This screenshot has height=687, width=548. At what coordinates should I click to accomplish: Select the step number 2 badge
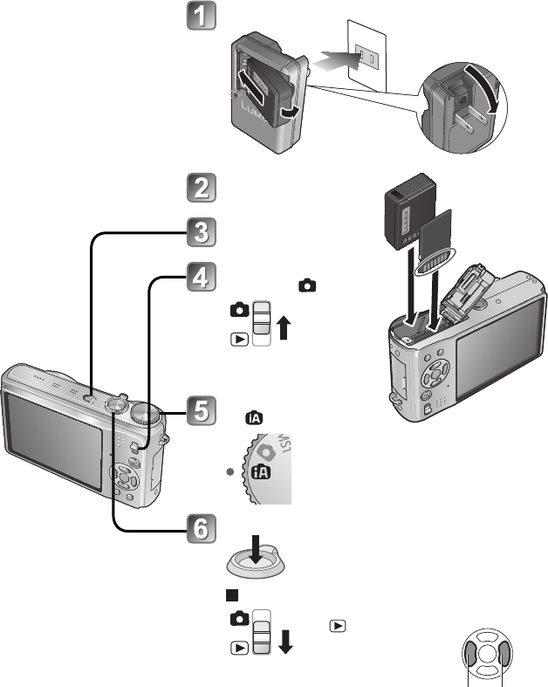(201, 189)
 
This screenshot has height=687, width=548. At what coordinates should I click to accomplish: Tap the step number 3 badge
(201, 233)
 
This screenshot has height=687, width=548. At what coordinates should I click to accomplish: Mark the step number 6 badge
(201, 528)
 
